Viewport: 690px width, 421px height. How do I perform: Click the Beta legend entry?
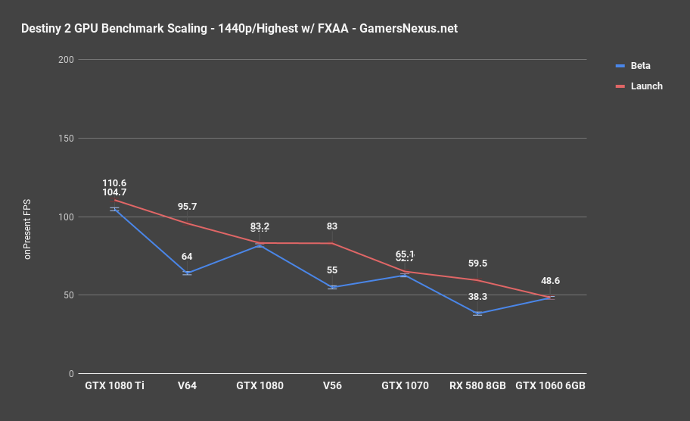[x=640, y=66]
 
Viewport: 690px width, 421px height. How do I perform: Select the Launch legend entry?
[x=646, y=86]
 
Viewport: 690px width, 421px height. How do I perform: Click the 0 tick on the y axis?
[x=70, y=374]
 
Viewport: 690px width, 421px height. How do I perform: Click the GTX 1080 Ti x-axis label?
[x=115, y=385]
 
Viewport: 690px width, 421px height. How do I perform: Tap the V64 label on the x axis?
[x=188, y=385]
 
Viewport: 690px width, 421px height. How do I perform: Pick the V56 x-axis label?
[x=332, y=385]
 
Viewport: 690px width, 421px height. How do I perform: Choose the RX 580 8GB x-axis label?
[x=477, y=385]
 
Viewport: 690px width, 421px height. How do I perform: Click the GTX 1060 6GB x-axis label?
[x=550, y=385]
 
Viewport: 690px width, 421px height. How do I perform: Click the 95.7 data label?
[x=188, y=207]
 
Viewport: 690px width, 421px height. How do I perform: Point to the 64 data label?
[x=188, y=257]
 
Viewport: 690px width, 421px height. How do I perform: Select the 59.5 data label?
[x=477, y=264]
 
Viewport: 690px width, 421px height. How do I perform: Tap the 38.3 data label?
[x=477, y=297]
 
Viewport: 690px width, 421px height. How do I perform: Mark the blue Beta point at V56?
[x=332, y=288]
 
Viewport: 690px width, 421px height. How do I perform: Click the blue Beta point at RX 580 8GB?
[x=477, y=313]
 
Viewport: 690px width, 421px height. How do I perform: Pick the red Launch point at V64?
[x=188, y=223]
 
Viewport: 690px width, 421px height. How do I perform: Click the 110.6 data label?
[x=115, y=183]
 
